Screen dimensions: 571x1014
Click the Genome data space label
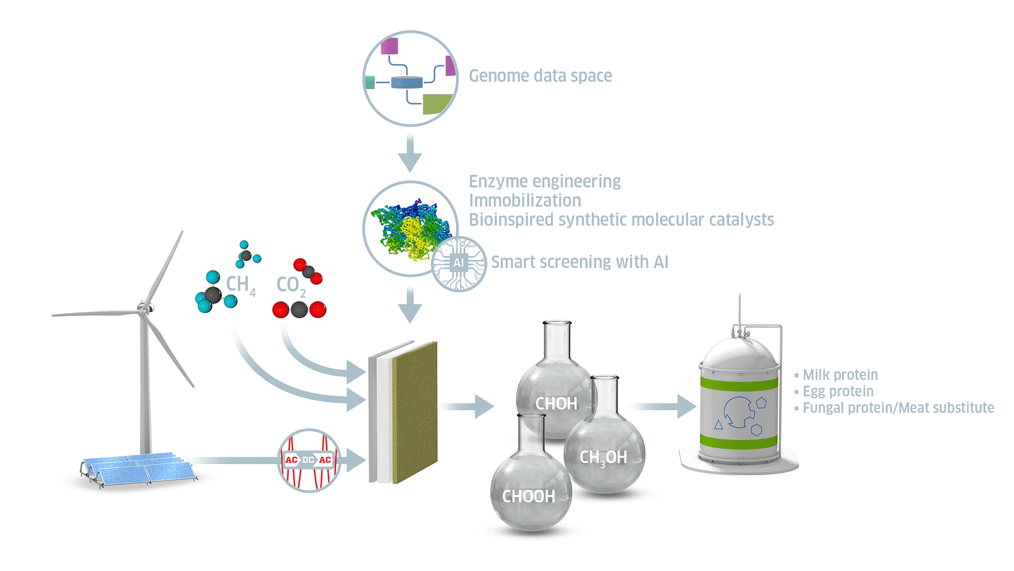point(540,76)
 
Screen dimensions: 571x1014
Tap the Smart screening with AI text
point(579,262)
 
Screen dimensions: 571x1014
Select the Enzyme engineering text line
point(544,182)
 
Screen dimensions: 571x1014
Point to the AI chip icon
point(458,263)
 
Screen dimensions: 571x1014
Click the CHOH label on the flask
point(556,404)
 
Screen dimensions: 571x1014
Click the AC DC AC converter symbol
point(308,460)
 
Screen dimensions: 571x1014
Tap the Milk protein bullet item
point(840,375)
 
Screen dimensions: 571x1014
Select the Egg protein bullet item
point(838,391)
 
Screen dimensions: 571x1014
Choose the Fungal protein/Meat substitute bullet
point(898,408)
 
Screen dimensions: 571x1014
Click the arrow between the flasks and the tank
point(662,406)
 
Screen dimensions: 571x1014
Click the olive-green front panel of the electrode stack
point(415,412)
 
